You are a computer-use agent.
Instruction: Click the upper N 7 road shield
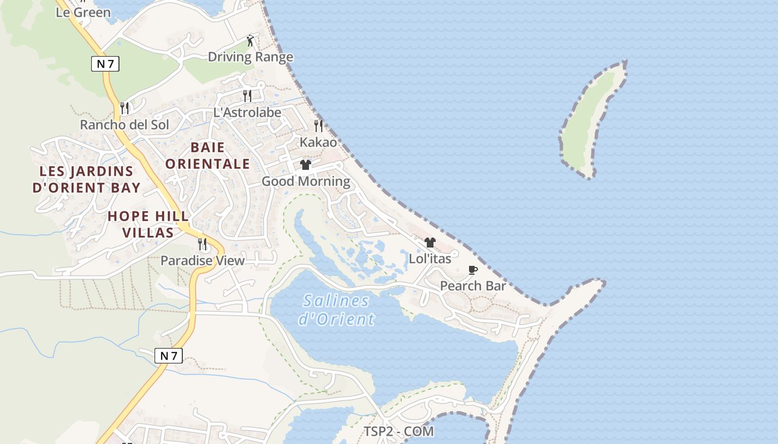pyautogui.click(x=105, y=64)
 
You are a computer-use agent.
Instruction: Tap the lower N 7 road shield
pyautogui.click(x=168, y=356)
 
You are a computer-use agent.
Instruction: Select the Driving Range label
pyautogui.click(x=250, y=57)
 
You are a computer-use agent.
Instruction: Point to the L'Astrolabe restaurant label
pyautogui.click(x=247, y=112)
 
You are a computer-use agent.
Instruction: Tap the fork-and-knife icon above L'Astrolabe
pyautogui.click(x=247, y=96)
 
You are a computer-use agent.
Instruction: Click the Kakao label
pyautogui.click(x=318, y=142)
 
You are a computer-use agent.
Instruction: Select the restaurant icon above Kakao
pyautogui.click(x=318, y=126)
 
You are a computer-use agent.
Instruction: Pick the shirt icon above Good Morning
pyautogui.click(x=306, y=165)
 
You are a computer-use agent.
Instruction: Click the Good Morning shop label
pyautogui.click(x=306, y=181)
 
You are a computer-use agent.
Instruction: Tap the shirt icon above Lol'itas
pyautogui.click(x=430, y=243)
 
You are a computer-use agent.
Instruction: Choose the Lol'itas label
pyautogui.click(x=430, y=258)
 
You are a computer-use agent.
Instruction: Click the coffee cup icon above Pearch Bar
pyautogui.click(x=473, y=270)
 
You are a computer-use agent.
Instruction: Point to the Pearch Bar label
pyautogui.click(x=473, y=286)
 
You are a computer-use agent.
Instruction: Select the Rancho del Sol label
pyautogui.click(x=124, y=124)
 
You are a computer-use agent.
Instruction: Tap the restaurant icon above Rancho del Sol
pyautogui.click(x=124, y=108)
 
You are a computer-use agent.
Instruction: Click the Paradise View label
pyautogui.click(x=202, y=260)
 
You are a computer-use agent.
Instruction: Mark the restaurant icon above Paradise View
pyautogui.click(x=202, y=244)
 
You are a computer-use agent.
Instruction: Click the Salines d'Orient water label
pyautogui.click(x=336, y=310)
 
